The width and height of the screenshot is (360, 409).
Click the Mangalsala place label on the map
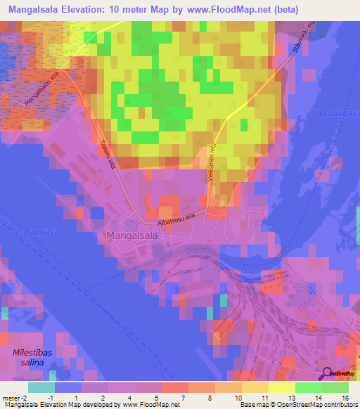click(x=131, y=237)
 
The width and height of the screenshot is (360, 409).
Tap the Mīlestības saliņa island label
click(x=32, y=357)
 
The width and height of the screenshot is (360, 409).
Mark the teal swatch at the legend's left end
click(x=41, y=387)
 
